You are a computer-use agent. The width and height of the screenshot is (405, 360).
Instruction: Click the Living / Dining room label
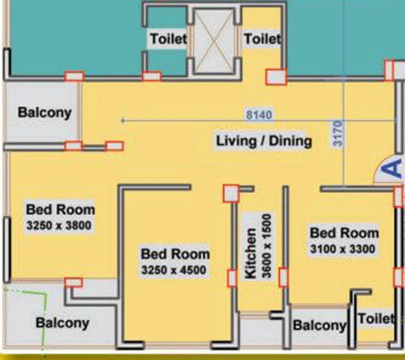pos(264,141)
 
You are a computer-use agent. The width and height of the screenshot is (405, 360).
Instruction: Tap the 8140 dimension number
pos(259,115)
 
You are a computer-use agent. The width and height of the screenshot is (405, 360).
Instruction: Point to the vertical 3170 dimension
pos(338,133)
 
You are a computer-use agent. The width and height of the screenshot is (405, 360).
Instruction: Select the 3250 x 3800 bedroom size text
pos(59,226)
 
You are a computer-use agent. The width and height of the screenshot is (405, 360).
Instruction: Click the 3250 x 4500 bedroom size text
pos(174,270)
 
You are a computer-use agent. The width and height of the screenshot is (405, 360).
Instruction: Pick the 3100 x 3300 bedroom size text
pos(343,249)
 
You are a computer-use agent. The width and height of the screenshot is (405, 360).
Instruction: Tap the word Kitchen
pos(250,254)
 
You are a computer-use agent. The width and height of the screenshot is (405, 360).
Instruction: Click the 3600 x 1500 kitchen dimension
pos(267,246)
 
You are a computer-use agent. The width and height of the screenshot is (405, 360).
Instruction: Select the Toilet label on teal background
pos(168,39)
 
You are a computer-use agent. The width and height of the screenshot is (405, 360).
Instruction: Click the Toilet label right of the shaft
pos(262,39)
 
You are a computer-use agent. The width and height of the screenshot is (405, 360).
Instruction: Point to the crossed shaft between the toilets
pos(213,41)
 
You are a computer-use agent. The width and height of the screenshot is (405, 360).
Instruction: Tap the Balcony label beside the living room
pos(45,113)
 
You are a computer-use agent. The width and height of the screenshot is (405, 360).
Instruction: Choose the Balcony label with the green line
pos(62,323)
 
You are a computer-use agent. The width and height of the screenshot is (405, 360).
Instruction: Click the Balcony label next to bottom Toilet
pos(320,325)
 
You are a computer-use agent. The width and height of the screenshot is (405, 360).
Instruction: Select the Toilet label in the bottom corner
pos(376,319)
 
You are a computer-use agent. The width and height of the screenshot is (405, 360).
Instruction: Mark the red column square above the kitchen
pos(231,193)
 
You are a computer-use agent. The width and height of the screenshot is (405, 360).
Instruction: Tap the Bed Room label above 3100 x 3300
pos(345,233)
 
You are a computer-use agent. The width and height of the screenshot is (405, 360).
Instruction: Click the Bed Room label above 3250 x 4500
pos(175,254)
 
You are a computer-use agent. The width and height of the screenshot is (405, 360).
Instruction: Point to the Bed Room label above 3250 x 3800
pos(60,209)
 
